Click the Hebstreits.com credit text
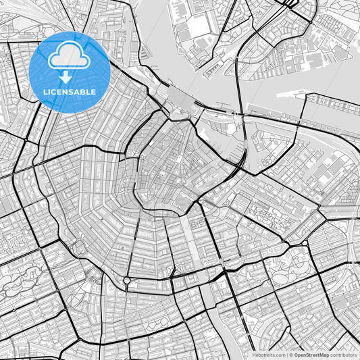click(269, 354)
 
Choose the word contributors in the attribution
click(344, 354)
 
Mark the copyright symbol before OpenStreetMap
click(290, 354)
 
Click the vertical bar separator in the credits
click(286, 354)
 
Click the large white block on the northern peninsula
click(200, 26)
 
